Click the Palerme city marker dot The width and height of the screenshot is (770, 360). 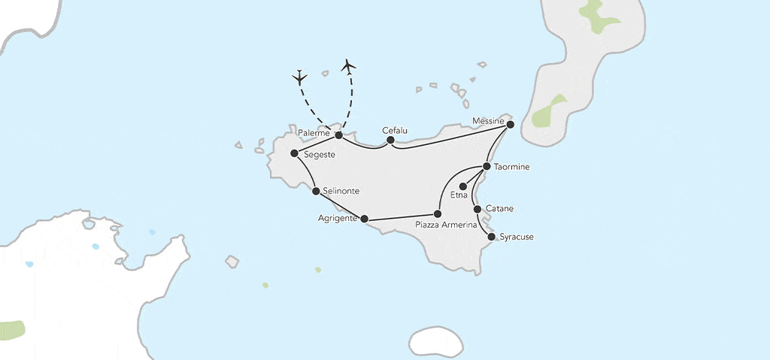tap(338, 135)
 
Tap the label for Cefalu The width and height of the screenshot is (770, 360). tap(395, 129)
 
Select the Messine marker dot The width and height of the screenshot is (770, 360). tap(510, 124)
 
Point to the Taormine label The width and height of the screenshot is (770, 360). tap(513, 167)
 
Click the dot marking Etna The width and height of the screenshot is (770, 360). tap(463, 186)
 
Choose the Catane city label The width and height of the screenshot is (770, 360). tap(500, 207)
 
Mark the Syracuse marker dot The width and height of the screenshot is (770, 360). tap(492, 237)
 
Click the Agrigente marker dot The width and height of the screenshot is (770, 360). tap(364, 219)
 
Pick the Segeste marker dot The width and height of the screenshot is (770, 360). tap(294, 153)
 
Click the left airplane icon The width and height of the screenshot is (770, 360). tap(300, 77)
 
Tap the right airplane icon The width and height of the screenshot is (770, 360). tap(347, 66)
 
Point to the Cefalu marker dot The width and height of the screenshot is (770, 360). tap(390, 140)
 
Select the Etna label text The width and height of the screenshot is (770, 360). tap(459, 196)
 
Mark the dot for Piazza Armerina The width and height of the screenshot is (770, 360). tap(438, 214)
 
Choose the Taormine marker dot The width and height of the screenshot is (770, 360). tap(487, 166)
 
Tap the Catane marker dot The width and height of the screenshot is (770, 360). tap(477, 209)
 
